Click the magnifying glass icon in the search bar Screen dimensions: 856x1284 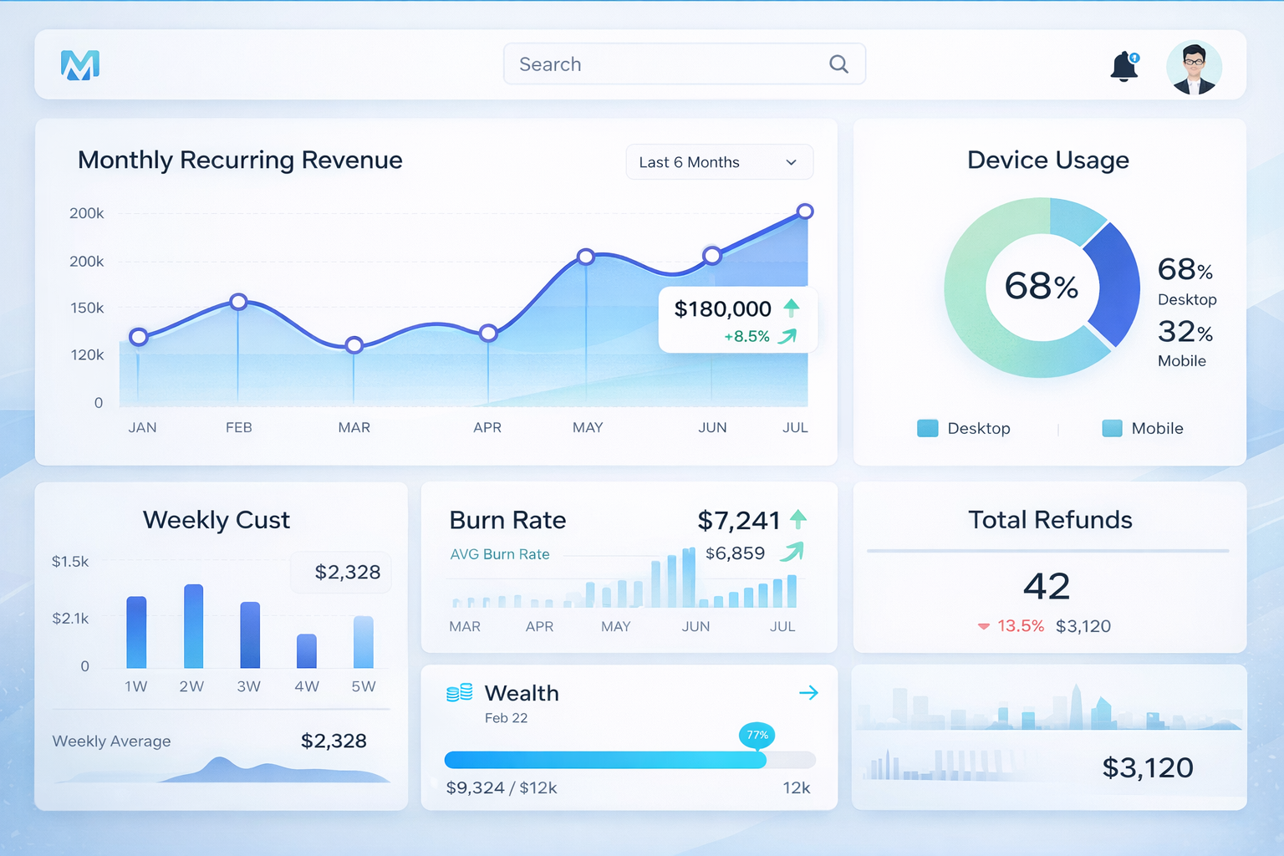click(838, 64)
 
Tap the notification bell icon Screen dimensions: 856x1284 click(1124, 66)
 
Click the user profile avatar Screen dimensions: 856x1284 click(1194, 68)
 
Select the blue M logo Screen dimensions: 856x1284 click(80, 65)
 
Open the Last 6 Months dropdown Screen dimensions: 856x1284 click(719, 162)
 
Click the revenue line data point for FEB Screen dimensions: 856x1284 click(238, 302)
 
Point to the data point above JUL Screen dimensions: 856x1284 click(805, 211)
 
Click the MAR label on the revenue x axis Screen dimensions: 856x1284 click(354, 427)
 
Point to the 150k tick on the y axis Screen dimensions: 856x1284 click(87, 308)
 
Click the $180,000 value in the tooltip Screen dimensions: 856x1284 click(722, 309)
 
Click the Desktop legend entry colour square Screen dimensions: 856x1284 click(927, 428)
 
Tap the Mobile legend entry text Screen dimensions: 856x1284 click(1157, 428)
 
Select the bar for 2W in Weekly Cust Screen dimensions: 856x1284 click(193, 626)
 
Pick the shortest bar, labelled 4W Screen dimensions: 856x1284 click(307, 651)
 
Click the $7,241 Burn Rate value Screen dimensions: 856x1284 click(738, 521)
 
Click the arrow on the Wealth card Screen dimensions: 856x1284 click(808, 693)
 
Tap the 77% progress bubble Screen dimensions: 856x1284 click(757, 736)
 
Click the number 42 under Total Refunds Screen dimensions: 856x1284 click(1047, 586)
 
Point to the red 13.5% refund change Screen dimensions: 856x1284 click(1020, 626)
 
